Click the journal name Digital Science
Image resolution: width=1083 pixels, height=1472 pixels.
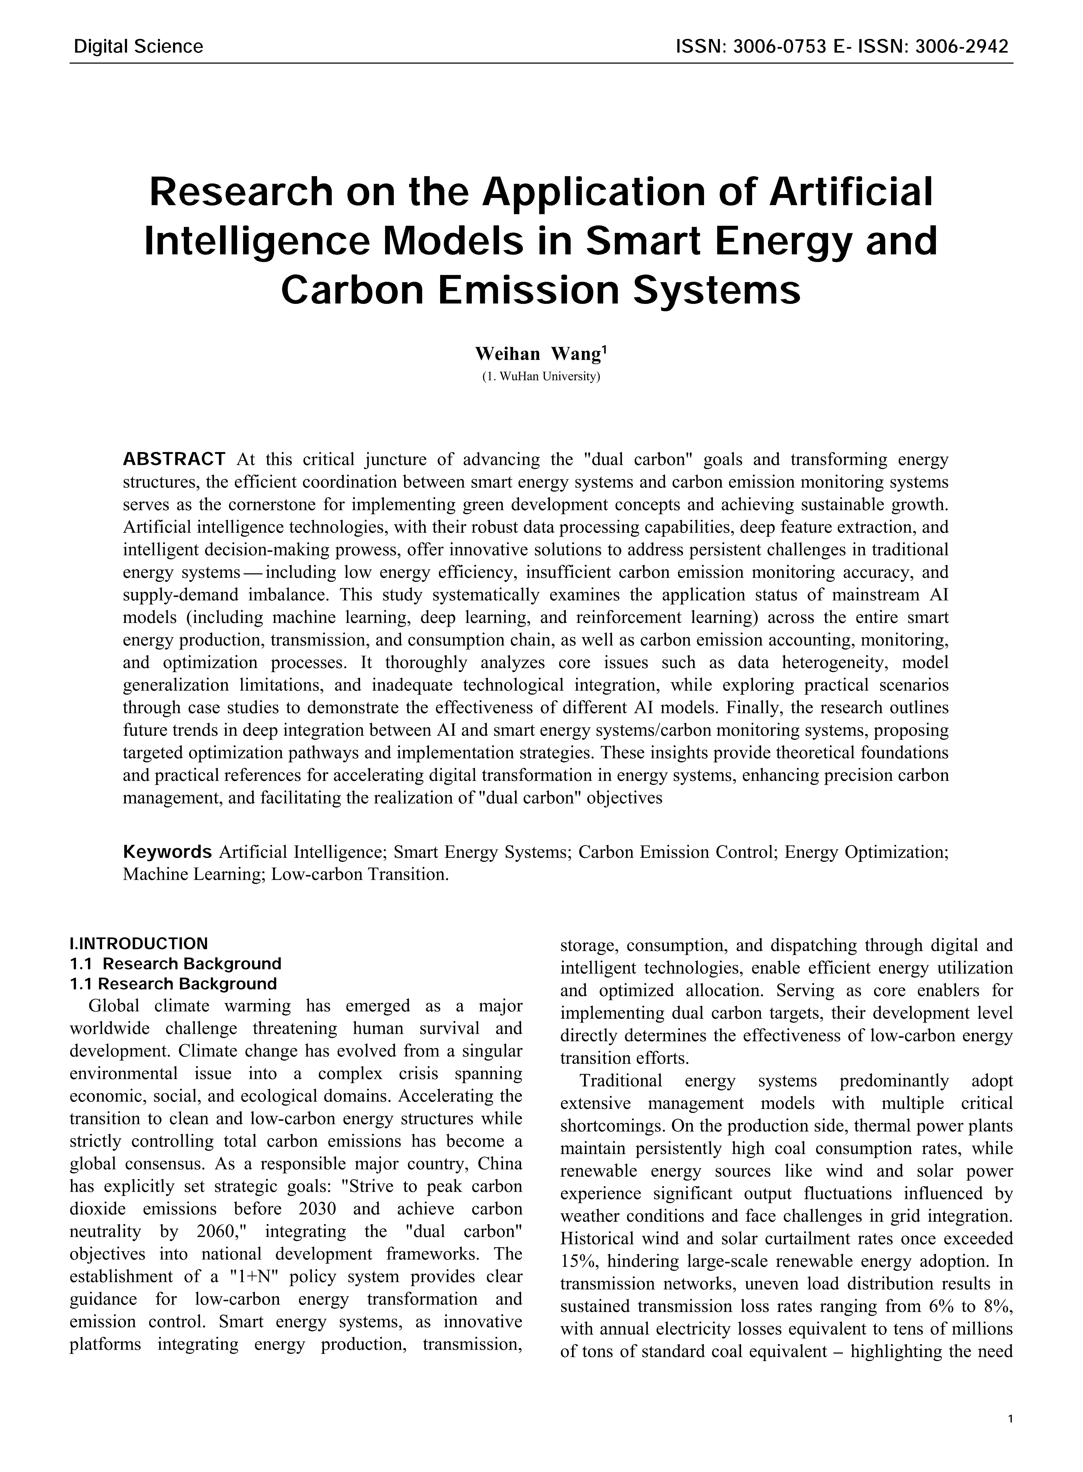tap(138, 47)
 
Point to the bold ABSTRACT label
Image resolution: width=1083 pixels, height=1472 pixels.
tap(174, 459)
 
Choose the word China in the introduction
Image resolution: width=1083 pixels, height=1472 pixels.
tap(500, 1164)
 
